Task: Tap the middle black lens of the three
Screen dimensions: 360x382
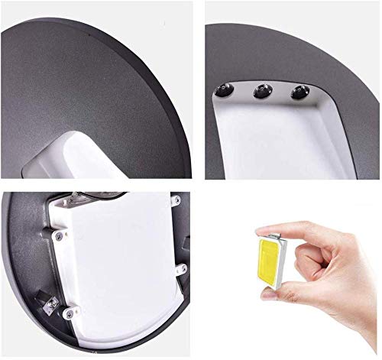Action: (x=261, y=92)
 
